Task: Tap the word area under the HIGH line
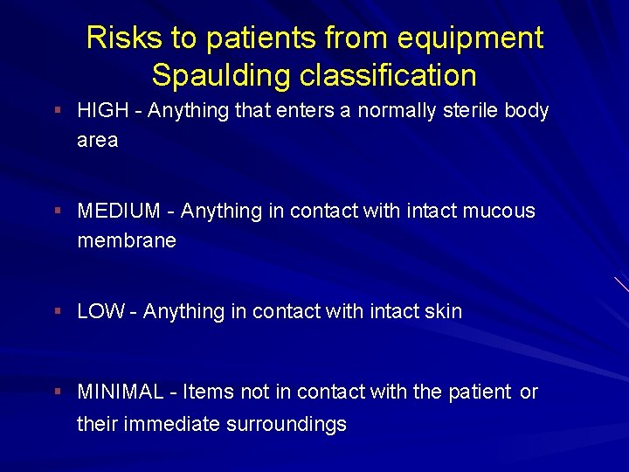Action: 98,141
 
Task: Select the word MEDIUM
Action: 119,212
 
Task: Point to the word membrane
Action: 127,240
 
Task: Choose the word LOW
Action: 100,312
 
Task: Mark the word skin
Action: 443,312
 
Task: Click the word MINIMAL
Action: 121,392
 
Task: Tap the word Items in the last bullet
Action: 206,392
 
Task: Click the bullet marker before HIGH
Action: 57,111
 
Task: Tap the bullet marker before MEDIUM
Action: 57,212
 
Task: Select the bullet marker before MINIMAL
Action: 57,392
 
